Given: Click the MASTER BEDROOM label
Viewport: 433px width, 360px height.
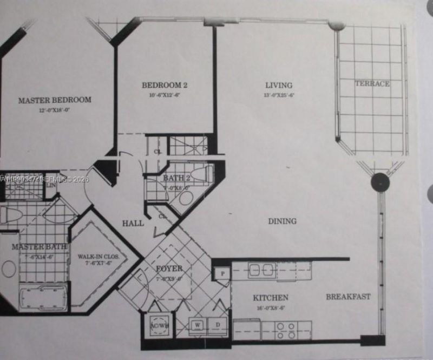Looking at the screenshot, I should point(55,100).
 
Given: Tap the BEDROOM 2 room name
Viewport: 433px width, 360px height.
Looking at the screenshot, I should point(165,85).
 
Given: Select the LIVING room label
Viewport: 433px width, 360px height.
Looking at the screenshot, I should point(279,85).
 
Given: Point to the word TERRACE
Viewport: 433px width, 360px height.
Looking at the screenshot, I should point(372,84).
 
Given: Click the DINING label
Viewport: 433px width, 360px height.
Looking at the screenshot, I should point(282,221).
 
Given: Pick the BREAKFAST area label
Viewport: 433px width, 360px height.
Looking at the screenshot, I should point(348,296).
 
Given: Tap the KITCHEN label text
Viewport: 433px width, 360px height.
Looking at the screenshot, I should point(271,298).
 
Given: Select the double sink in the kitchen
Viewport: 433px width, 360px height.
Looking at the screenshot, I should point(262,270).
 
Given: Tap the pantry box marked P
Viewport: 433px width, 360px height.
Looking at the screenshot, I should point(222,273).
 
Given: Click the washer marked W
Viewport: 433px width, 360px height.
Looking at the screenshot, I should point(198,325).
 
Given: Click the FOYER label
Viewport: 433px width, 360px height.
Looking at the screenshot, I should point(169,269).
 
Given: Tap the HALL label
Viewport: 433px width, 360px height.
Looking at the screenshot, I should point(133,222).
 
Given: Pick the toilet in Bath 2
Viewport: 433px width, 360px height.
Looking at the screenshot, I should point(206,174).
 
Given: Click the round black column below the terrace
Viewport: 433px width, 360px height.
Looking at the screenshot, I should point(380,182).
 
